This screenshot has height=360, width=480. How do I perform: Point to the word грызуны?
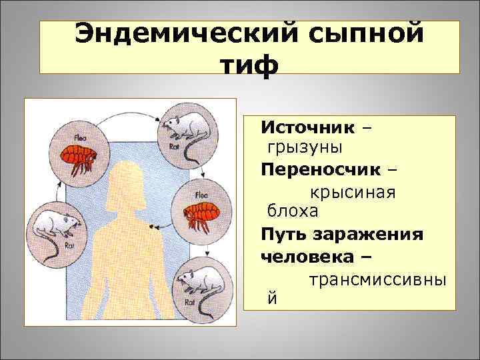click(306, 147)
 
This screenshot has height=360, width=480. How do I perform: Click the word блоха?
click(293, 211)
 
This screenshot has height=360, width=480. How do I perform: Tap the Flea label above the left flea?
click(79, 139)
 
